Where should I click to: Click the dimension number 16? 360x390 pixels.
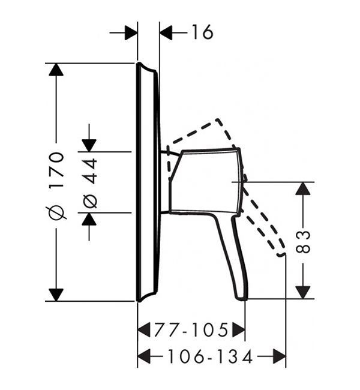tap(202, 32)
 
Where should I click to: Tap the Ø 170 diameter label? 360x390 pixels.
tap(57, 186)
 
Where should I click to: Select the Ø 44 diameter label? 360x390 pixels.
tap(89, 184)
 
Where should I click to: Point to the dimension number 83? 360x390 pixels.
tap(303, 242)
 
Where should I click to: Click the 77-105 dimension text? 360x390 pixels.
tap(191, 330)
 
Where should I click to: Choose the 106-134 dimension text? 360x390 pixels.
tap(210, 356)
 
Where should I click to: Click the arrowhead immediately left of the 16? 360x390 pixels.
tap(166, 32)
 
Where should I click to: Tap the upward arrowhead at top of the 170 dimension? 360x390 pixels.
tap(56, 70)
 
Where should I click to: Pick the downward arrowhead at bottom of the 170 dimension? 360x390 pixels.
tap(56, 295)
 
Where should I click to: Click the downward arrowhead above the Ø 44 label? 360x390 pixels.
tap(89, 146)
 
